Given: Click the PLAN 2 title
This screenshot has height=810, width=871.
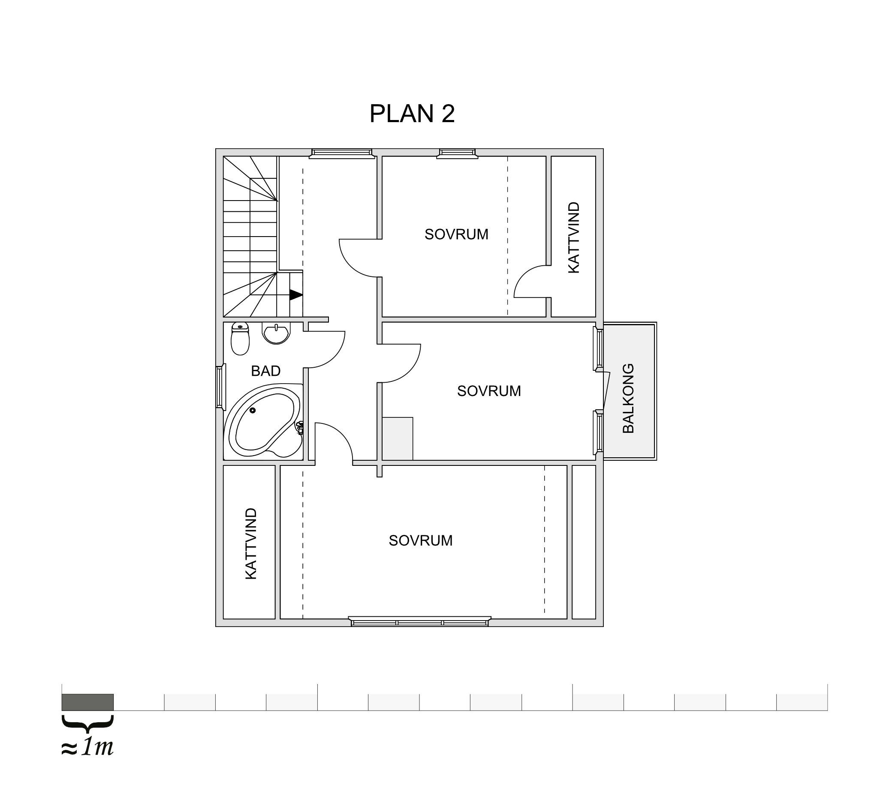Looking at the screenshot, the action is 412,114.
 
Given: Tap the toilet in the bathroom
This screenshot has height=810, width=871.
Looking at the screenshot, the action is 240,338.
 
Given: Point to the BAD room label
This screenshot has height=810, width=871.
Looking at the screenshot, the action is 265,371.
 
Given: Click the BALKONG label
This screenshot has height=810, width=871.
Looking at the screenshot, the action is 628,399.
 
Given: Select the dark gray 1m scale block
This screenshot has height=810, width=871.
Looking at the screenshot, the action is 87,702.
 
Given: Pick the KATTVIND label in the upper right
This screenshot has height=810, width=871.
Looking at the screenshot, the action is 573,238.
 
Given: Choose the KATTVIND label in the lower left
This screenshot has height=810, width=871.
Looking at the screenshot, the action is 250,543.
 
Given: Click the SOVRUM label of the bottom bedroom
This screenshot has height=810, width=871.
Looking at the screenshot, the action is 421,541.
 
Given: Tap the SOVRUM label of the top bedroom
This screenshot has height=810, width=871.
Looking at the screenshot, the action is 457,235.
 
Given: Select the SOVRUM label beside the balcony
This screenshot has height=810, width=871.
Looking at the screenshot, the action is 489,391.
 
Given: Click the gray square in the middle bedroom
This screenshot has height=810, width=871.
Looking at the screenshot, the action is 398,438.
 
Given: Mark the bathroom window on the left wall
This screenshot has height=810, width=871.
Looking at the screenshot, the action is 220,387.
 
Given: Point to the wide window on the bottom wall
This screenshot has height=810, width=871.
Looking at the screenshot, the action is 420,621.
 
